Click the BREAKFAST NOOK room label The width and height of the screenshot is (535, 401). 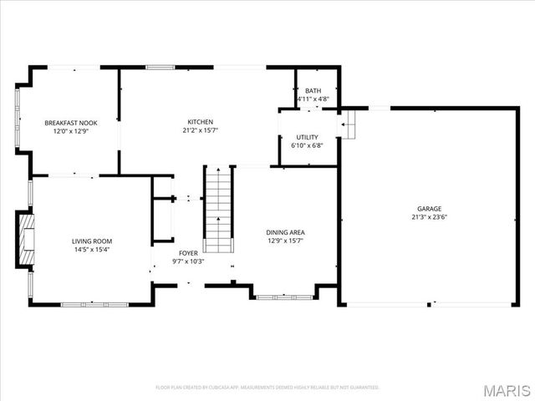coord(70,123)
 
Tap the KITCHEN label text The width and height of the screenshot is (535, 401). coord(199,122)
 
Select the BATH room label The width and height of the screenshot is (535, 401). coord(313,91)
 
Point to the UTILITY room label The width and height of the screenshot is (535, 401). coord(307,136)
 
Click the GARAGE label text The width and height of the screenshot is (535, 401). coord(430,209)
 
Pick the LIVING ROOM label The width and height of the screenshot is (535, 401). coord(91,241)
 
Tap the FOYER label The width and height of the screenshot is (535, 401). coord(188,252)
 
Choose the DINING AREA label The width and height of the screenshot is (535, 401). coord(285,233)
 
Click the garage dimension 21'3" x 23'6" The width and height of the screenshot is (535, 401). coord(430,217)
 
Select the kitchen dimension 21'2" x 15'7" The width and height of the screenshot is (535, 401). coord(199,130)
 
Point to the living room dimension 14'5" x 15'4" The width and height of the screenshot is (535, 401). coord(91,249)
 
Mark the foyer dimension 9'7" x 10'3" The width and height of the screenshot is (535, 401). coord(188,261)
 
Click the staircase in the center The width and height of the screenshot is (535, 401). coord(218,209)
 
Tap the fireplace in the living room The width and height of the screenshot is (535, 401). coord(25,239)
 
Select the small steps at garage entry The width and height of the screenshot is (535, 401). coord(348,126)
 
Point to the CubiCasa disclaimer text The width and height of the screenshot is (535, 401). coord(267,388)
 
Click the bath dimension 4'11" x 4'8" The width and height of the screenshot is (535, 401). coord(313,99)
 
